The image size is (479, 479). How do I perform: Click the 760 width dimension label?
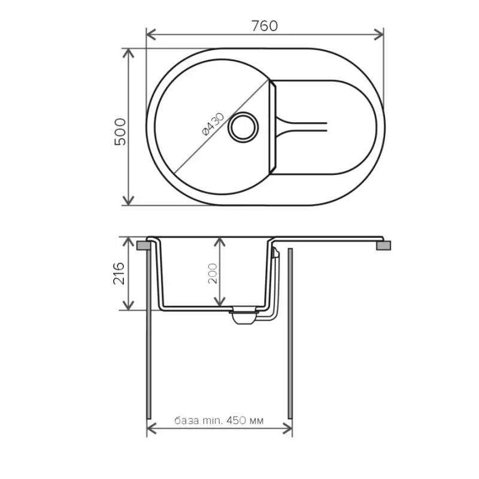click(265, 26)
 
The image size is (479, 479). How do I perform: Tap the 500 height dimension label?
click(120, 132)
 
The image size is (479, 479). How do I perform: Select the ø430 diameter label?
click(213, 124)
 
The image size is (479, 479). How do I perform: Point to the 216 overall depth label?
click(119, 273)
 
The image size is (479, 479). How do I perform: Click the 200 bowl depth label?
click(213, 274)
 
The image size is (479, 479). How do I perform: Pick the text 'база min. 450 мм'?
click(219, 421)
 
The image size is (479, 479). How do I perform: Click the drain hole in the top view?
click(243, 127)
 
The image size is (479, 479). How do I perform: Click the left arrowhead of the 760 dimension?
click(151, 35)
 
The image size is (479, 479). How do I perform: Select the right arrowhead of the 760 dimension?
click(379, 35)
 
